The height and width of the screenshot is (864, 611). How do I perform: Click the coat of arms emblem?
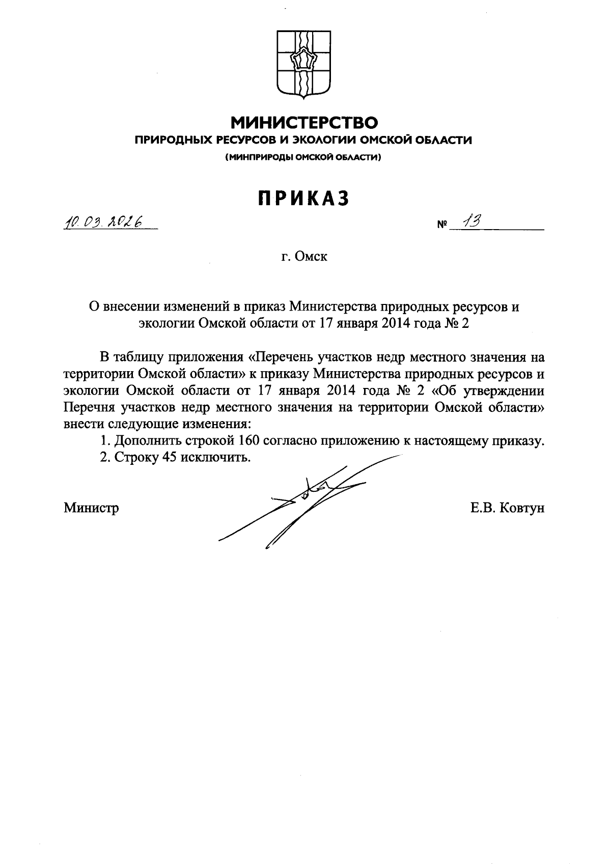point(303,64)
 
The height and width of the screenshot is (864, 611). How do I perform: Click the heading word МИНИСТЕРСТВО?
point(305,123)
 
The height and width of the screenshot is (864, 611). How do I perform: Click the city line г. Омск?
point(304,257)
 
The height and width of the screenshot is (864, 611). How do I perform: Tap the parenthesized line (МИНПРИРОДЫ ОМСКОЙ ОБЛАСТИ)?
point(303,157)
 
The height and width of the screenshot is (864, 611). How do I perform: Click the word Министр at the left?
point(91,508)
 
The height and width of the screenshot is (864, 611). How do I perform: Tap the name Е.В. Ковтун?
point(508,508)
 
